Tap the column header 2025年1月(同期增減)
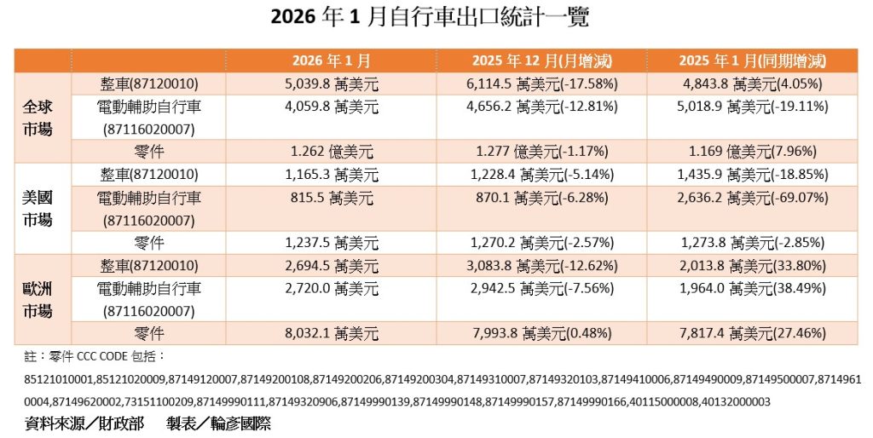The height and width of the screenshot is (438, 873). click(x=753, y=61)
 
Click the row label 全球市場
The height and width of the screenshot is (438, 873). click(x=37, y=119)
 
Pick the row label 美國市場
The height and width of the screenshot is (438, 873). click(x=37, y=208)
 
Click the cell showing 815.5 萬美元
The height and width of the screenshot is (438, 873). click(x=331, y=197)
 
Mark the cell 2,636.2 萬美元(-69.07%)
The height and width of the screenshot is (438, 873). click(x=753, y=197)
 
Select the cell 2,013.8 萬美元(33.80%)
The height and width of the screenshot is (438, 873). click(x=753, y=266)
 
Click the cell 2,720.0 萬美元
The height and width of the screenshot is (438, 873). click(x=331, y=289)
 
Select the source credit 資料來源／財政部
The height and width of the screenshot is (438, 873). click(x=85, y=424)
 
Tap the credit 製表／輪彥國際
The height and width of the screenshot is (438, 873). click(x=218, y=424)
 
